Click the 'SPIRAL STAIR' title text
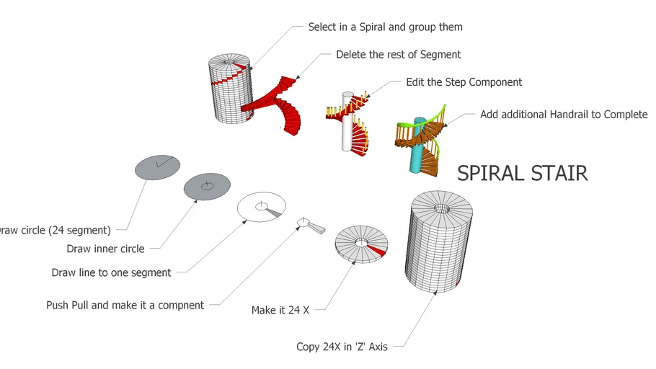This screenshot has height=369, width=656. coord(523,173)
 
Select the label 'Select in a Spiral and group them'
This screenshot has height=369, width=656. coord(385,27)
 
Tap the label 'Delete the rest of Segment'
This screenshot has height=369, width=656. coord(398,54)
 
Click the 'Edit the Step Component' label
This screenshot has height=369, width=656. coord(464,82)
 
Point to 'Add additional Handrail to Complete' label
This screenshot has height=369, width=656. coord(564,115)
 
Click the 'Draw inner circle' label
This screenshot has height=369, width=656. coord(105,249)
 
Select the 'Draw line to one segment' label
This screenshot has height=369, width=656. coord(111,272)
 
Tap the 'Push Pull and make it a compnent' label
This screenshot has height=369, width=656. coord(125,305)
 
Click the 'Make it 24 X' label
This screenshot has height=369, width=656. coord(280,310)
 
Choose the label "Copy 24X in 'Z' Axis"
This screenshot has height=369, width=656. coord(342,347)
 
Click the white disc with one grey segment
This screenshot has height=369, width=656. coord(261,206)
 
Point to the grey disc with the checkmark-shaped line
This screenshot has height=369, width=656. coord(158,166)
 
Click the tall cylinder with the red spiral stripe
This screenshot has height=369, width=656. coord(231,90)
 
